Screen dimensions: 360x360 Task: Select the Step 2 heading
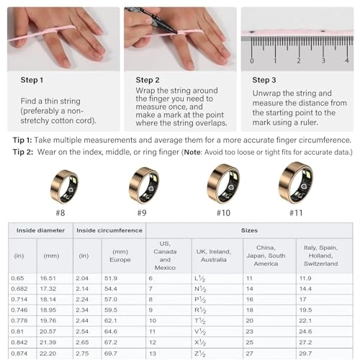click(150, 80)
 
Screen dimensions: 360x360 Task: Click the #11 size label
click(295, 213)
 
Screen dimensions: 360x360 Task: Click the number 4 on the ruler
click(347, 60)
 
